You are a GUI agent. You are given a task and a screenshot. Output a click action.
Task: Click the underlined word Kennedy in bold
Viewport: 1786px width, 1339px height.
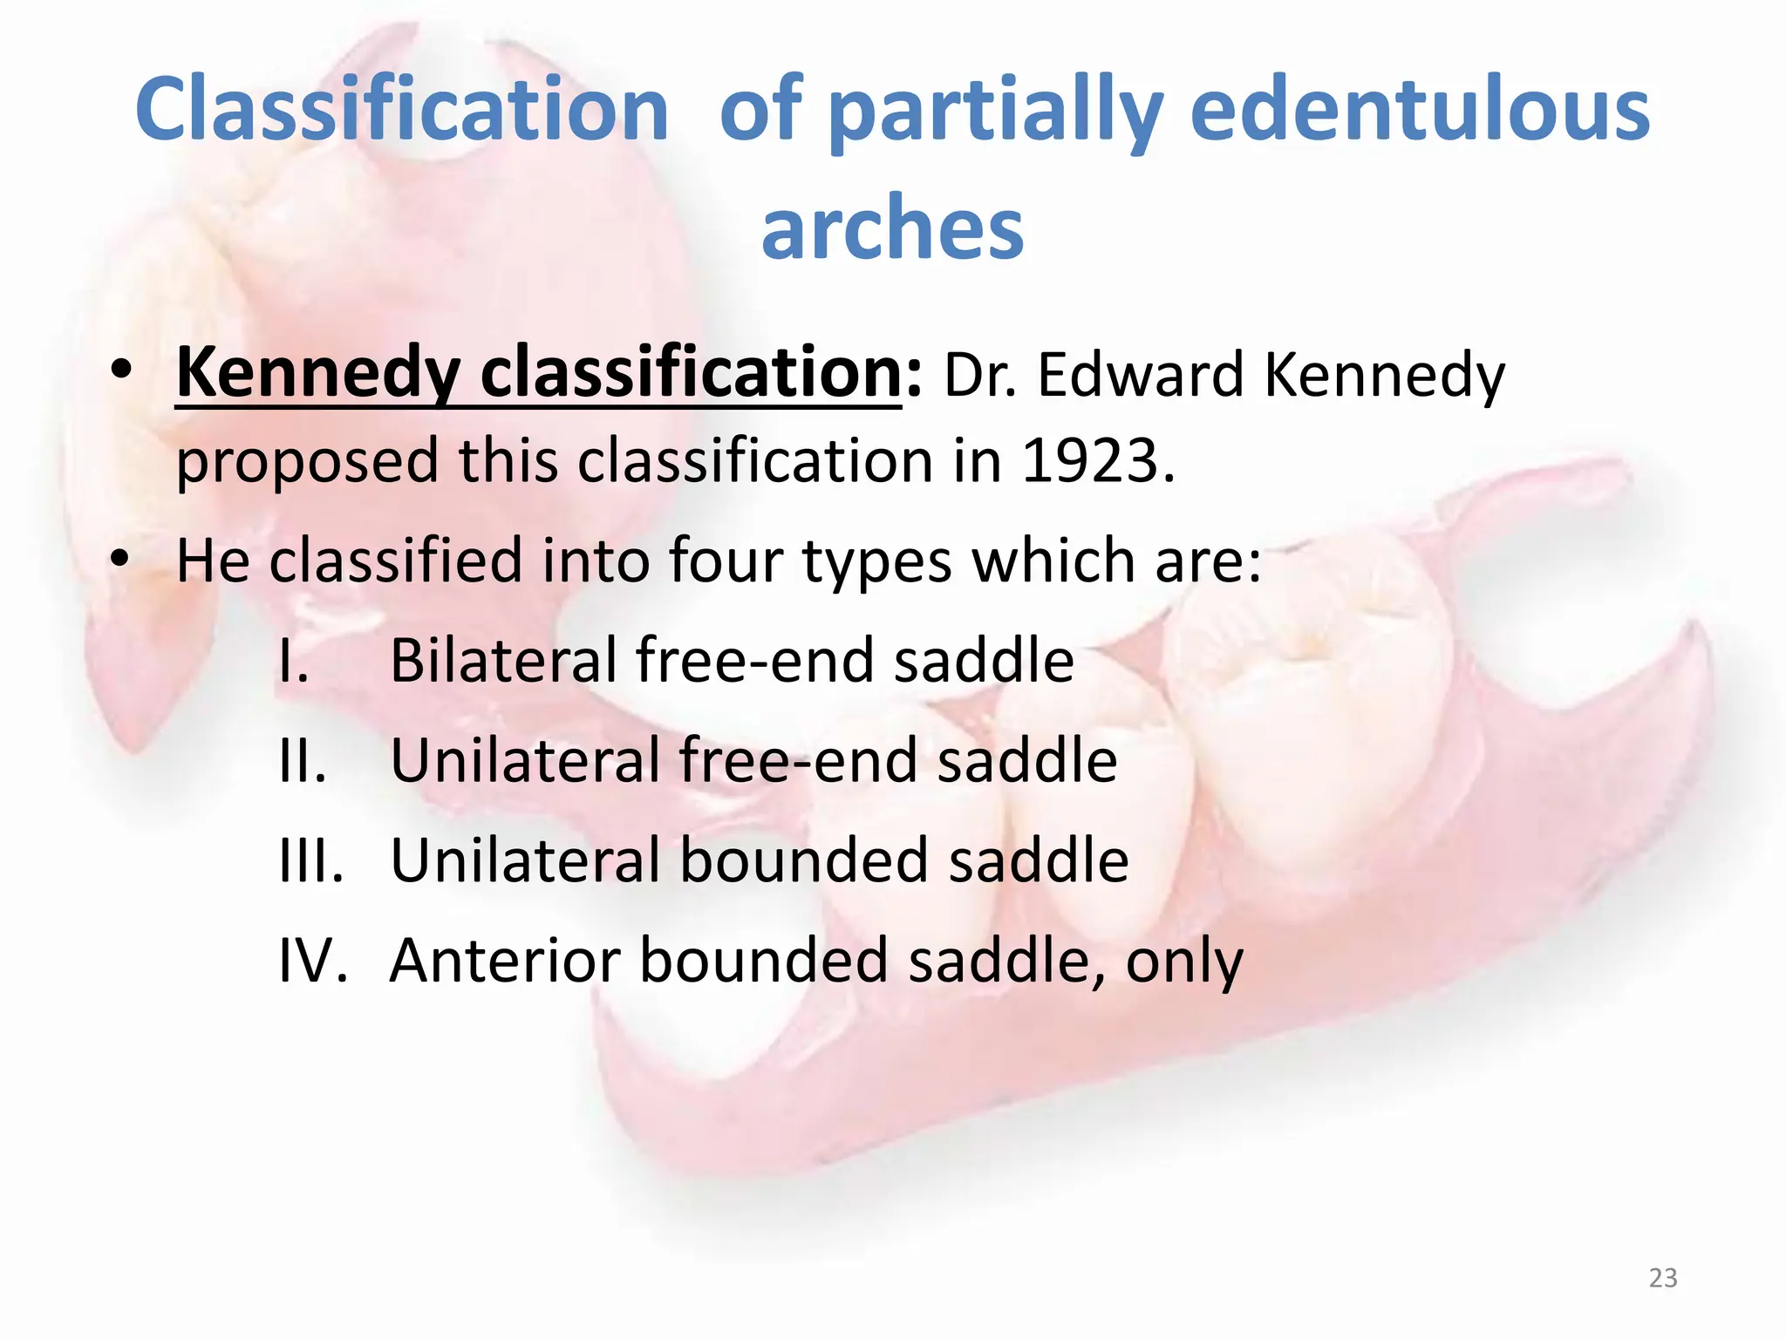coord(318,373)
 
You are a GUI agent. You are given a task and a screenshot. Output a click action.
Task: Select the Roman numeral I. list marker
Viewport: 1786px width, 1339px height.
coord(294,660)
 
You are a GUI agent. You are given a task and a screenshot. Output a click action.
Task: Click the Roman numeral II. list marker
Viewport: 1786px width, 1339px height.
coord(303,760)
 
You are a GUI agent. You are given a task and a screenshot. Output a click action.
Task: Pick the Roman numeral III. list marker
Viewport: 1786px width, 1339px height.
coord(311,860)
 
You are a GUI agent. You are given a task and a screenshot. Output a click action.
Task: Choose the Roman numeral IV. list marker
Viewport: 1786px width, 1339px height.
coord(313,961)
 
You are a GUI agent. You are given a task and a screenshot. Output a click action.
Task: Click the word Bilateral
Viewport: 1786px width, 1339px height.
coord(503,660)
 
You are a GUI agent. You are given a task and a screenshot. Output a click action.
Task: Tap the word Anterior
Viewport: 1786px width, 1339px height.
coord(505,961)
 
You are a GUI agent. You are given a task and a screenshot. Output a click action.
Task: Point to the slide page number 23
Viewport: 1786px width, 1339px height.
coord(1663,1277)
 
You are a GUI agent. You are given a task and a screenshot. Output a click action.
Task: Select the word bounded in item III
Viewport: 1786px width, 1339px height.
coord(802,860)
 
